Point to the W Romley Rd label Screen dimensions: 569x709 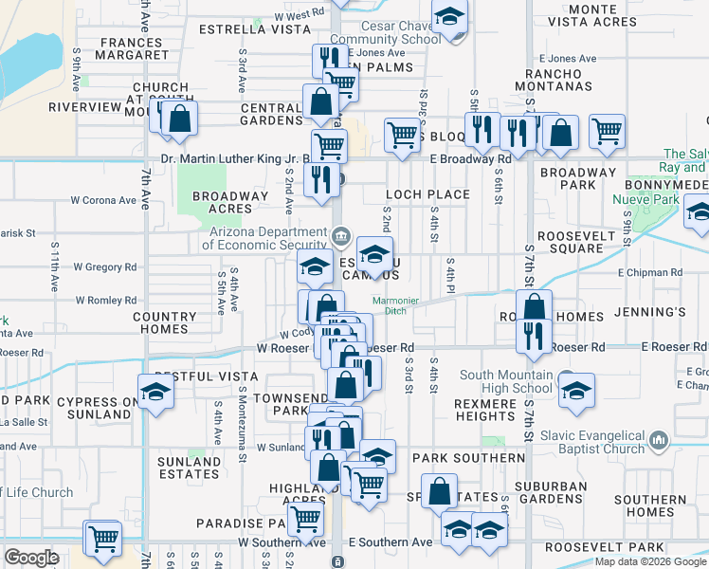tap(104, 301)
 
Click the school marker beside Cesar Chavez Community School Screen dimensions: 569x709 tap(449, 18)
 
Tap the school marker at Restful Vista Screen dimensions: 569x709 tap(155, 389)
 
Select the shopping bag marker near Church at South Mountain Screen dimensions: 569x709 tap(178, 119)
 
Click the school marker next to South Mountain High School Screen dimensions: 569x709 tap(576, 390)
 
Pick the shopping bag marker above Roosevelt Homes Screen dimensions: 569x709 tap(535, 306)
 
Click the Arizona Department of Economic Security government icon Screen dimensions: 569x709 tap(341, 234)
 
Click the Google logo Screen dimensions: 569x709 tap(31, 558)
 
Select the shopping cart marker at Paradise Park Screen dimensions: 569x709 tap(305, 519)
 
